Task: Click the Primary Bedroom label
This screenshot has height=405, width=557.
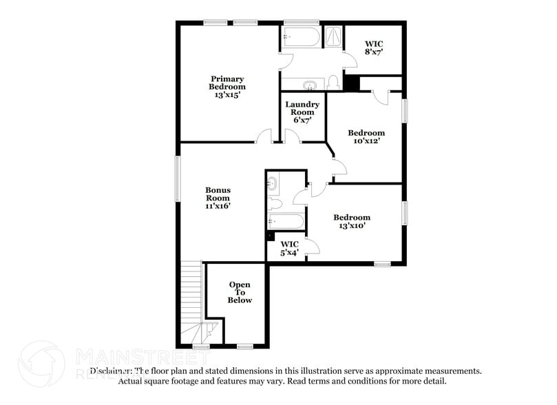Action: (x=227, y=87)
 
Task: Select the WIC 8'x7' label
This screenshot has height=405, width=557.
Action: (x=374, y=47)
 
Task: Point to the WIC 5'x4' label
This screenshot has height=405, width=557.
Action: (x=289, y=248)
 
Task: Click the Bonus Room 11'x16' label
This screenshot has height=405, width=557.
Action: (x=218, y=198)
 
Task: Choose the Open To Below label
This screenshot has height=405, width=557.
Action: (x=240, y=292)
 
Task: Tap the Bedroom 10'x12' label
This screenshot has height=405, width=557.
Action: (x=366, y=136)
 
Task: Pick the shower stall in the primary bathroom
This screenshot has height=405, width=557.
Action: (x=333, y=37)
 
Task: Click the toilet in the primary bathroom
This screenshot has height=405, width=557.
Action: (x=333, y=83)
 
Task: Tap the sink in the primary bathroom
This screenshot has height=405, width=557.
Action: (x=310, y=85)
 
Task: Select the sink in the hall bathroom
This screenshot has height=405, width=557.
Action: (x=273, y=184)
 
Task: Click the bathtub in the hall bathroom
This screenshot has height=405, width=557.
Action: (x=285, y=222)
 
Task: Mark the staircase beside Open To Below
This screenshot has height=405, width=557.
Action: (x=191, y=303)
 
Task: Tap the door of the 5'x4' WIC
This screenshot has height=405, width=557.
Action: (x=311, y=246)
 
